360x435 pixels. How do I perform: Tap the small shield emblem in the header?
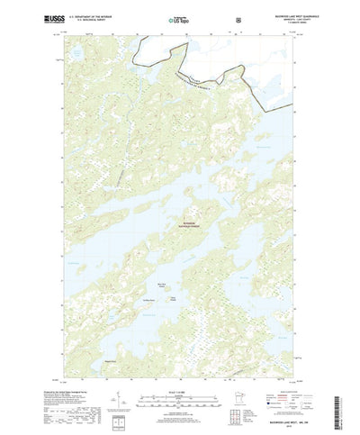point(238,18)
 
